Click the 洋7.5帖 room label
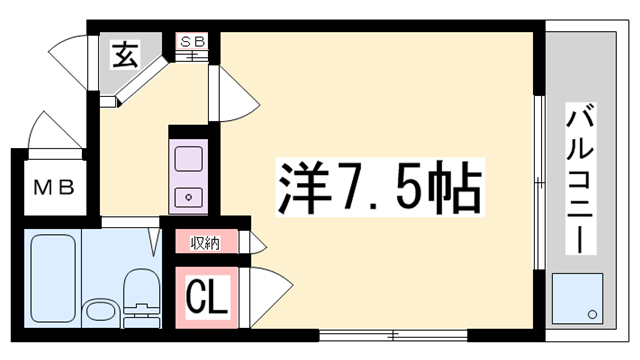click(380, 187)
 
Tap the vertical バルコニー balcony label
click(580, 178)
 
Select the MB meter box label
click(54, 187)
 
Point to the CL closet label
click(207, 297)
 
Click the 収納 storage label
click(205, 243)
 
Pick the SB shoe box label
click(192, 41)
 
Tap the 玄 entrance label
click(125, 54)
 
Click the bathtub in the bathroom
click(53, 278)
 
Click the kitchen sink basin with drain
click(189, 198)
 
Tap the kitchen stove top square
click(189, 159)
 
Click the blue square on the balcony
click(577, 298)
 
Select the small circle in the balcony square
click(592, 314)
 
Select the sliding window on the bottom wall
click(393, 336)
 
